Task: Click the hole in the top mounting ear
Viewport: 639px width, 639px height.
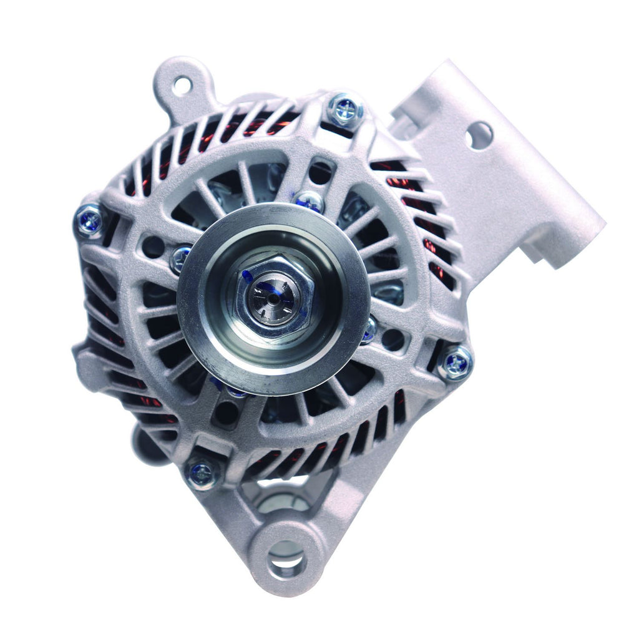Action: point(182,85)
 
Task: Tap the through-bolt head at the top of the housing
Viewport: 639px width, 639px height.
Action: point(344,110)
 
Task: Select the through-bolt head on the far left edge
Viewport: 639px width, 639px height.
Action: point(89,221)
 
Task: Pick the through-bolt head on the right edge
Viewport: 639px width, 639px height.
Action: point(456,363)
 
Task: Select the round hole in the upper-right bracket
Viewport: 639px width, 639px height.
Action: point(479,135)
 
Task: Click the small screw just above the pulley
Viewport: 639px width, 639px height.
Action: point(310,201)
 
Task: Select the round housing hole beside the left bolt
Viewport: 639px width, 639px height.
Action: point(153,246)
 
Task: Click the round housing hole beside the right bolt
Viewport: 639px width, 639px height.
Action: point(393,340)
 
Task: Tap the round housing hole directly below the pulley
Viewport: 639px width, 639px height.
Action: point(226,413)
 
